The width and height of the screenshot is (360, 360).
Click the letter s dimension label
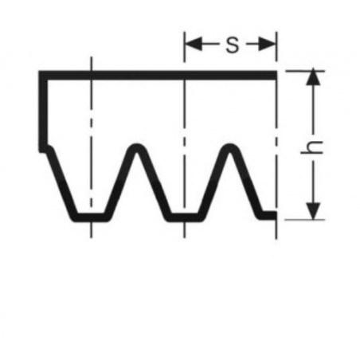point(233,45)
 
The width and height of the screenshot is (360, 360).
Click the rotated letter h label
point(312,147)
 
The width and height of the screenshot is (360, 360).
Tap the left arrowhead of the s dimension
point(194,44)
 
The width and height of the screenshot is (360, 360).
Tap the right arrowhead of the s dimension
point(268,44)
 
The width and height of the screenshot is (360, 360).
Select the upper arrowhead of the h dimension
point(313,77)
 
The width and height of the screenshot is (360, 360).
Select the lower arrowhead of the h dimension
point(313,211)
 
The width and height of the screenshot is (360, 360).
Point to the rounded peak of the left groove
point(137,147)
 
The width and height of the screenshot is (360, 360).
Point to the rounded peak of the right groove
point(230,147)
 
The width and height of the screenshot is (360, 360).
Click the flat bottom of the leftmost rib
point(91,217)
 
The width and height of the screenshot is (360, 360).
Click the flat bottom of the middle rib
point(184,217)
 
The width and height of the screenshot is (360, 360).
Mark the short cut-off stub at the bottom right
point(268,216)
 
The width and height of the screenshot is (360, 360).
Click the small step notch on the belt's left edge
point(45,149)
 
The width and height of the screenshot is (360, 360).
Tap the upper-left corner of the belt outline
point(39,71)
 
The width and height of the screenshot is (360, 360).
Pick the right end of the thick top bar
point(276,75)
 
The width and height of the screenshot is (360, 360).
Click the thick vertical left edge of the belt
point(43,112)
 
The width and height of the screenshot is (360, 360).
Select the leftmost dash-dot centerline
point(91,147)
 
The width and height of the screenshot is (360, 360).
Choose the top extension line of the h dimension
point(305,71)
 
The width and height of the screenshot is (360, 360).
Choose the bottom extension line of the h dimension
point(305,220)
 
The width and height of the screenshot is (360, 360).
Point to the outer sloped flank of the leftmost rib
point(62,183)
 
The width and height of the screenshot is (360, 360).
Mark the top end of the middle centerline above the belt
point(184,33)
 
